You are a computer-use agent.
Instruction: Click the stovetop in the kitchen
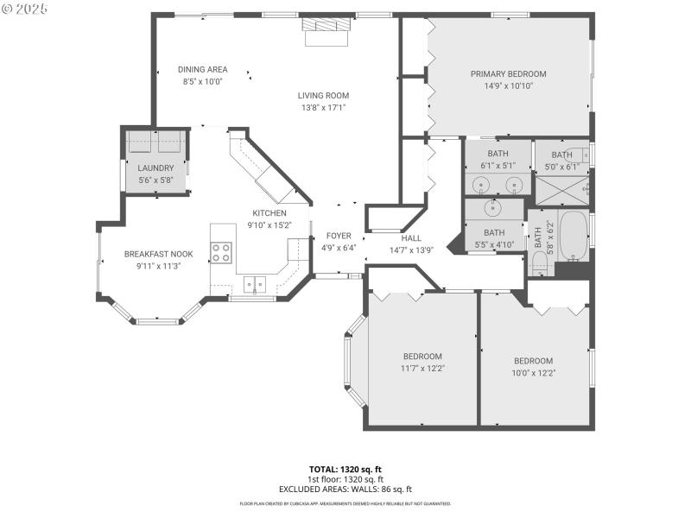222,252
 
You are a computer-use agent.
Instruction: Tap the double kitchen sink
253,283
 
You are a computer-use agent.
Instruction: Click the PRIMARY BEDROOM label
508,74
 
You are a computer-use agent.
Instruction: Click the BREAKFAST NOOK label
158,254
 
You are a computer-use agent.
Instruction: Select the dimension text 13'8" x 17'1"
324,108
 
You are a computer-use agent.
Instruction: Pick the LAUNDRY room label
155,168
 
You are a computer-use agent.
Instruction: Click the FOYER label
338,236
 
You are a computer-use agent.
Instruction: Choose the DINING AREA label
203,70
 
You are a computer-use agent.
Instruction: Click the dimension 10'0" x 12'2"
534,373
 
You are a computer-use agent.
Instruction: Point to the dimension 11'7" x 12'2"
422,369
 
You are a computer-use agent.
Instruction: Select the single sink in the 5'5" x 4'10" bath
493,207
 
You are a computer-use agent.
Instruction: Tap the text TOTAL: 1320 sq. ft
345,469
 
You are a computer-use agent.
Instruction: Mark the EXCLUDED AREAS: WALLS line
345,489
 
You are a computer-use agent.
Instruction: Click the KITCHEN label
269,213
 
